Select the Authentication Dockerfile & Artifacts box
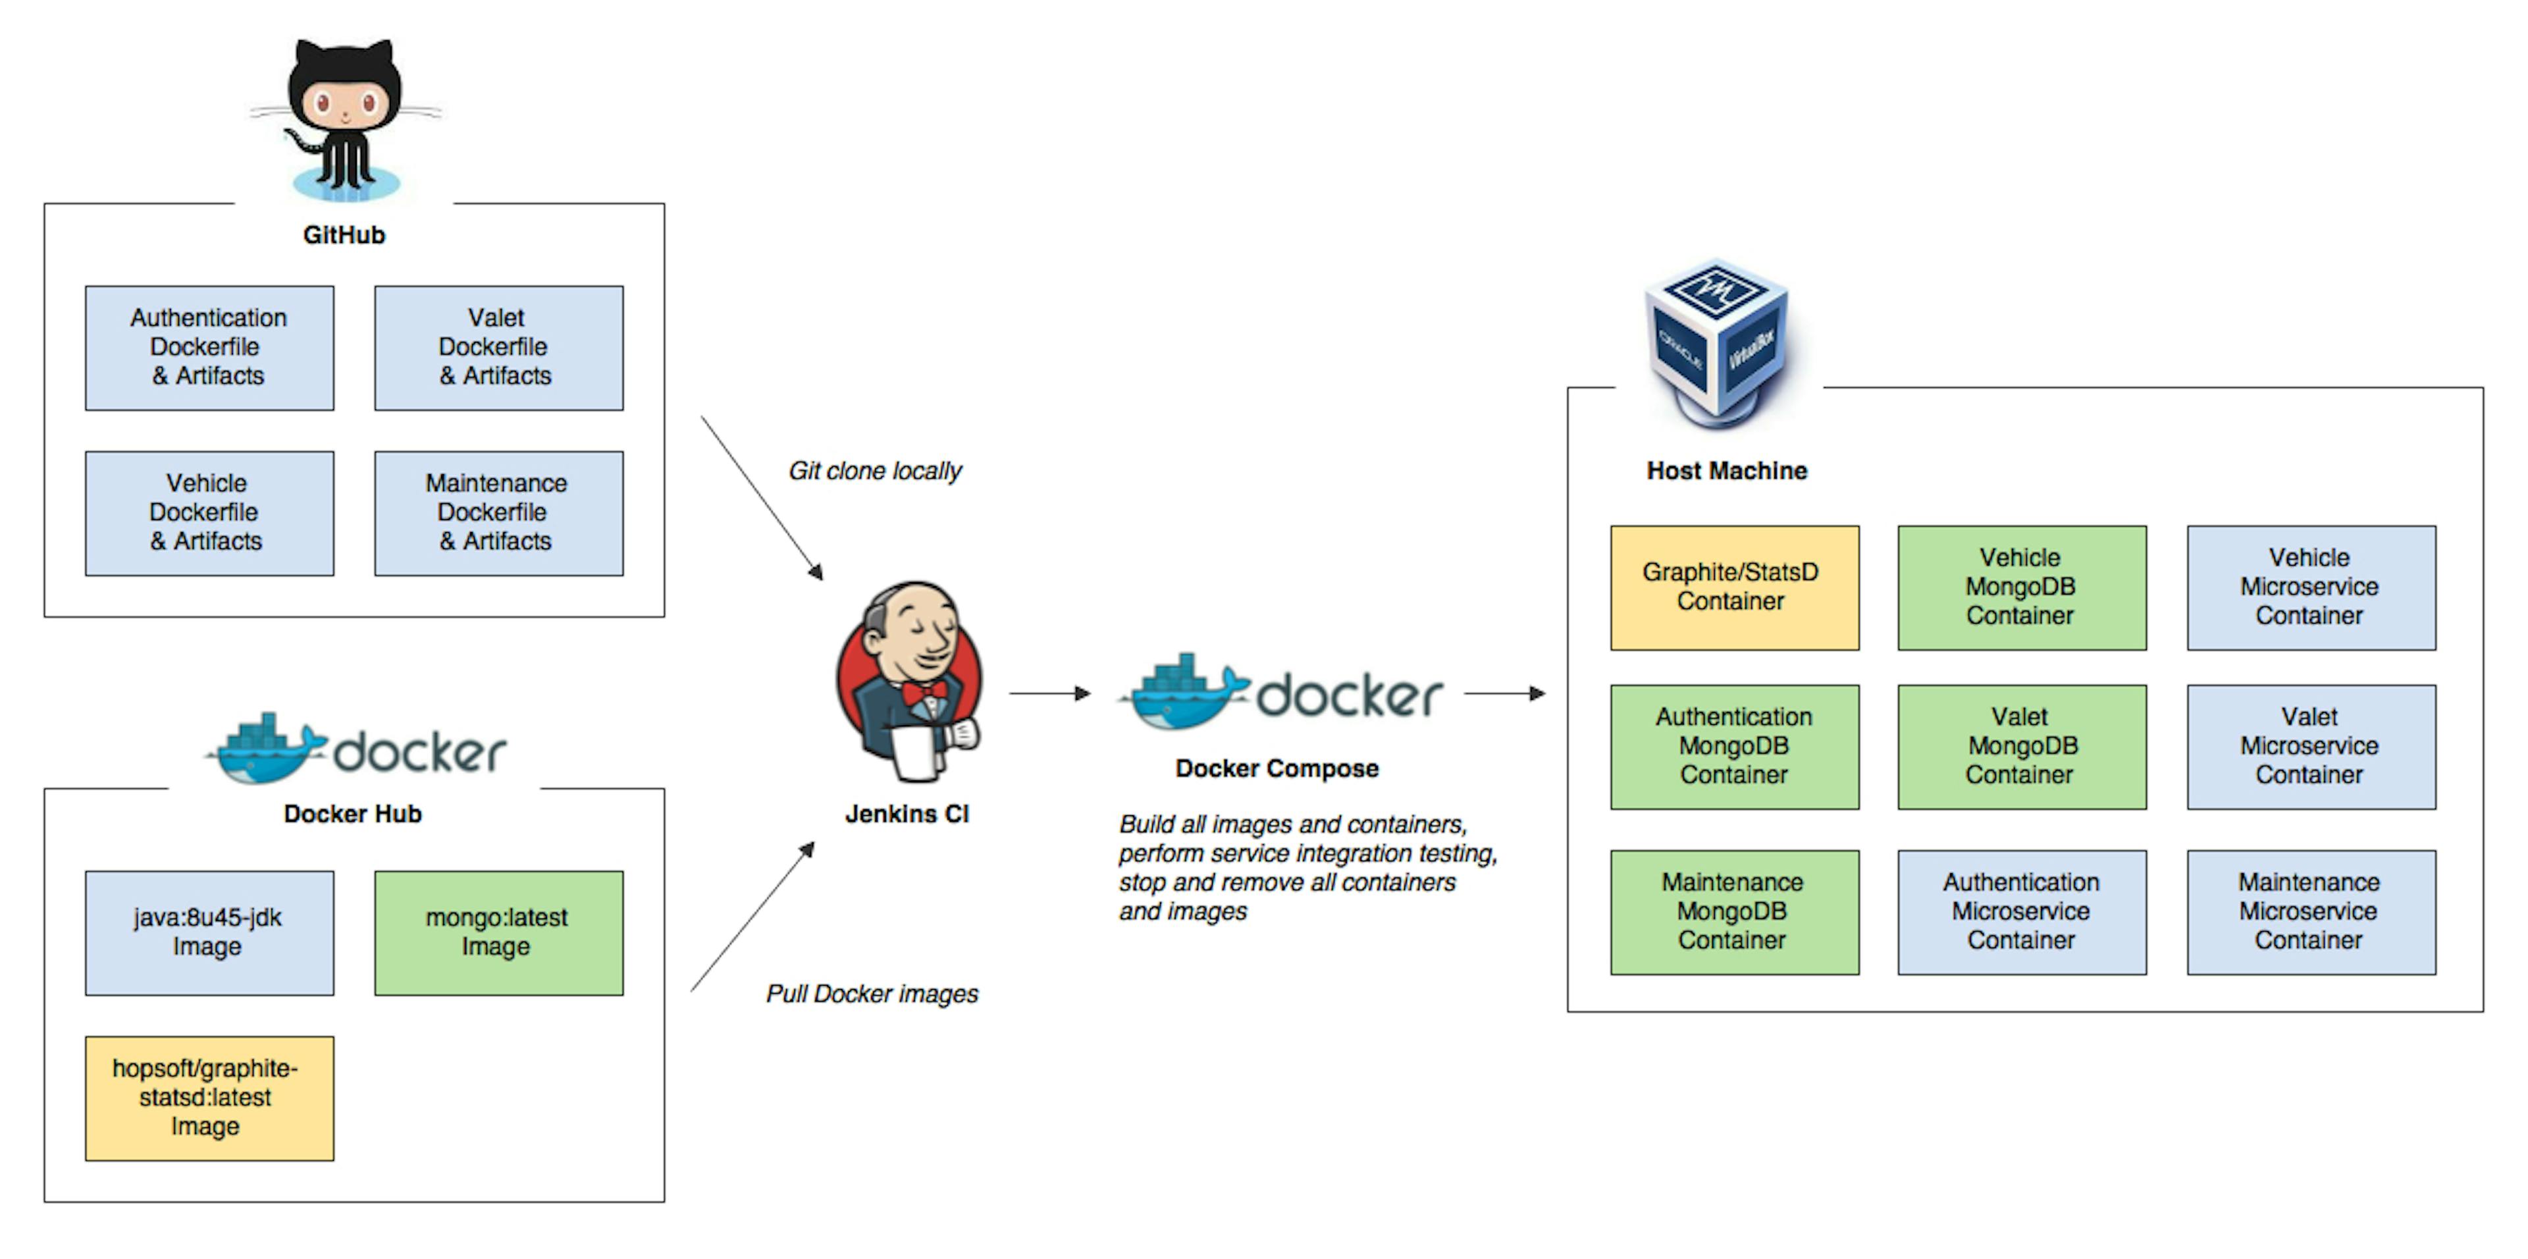209,348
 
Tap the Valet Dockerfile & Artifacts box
498,348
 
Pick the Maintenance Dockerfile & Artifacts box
498,512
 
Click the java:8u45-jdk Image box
209,932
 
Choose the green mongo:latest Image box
498,932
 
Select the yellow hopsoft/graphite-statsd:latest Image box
209,1097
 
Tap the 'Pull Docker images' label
872,994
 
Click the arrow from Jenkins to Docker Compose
1049,694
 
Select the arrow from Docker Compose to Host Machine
1504,694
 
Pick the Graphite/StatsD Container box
1734,587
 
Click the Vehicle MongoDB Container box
2022,587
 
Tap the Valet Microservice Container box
2310,746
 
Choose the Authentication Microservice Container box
2022,911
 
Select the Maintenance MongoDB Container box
1734,911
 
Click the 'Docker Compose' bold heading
1277,768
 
